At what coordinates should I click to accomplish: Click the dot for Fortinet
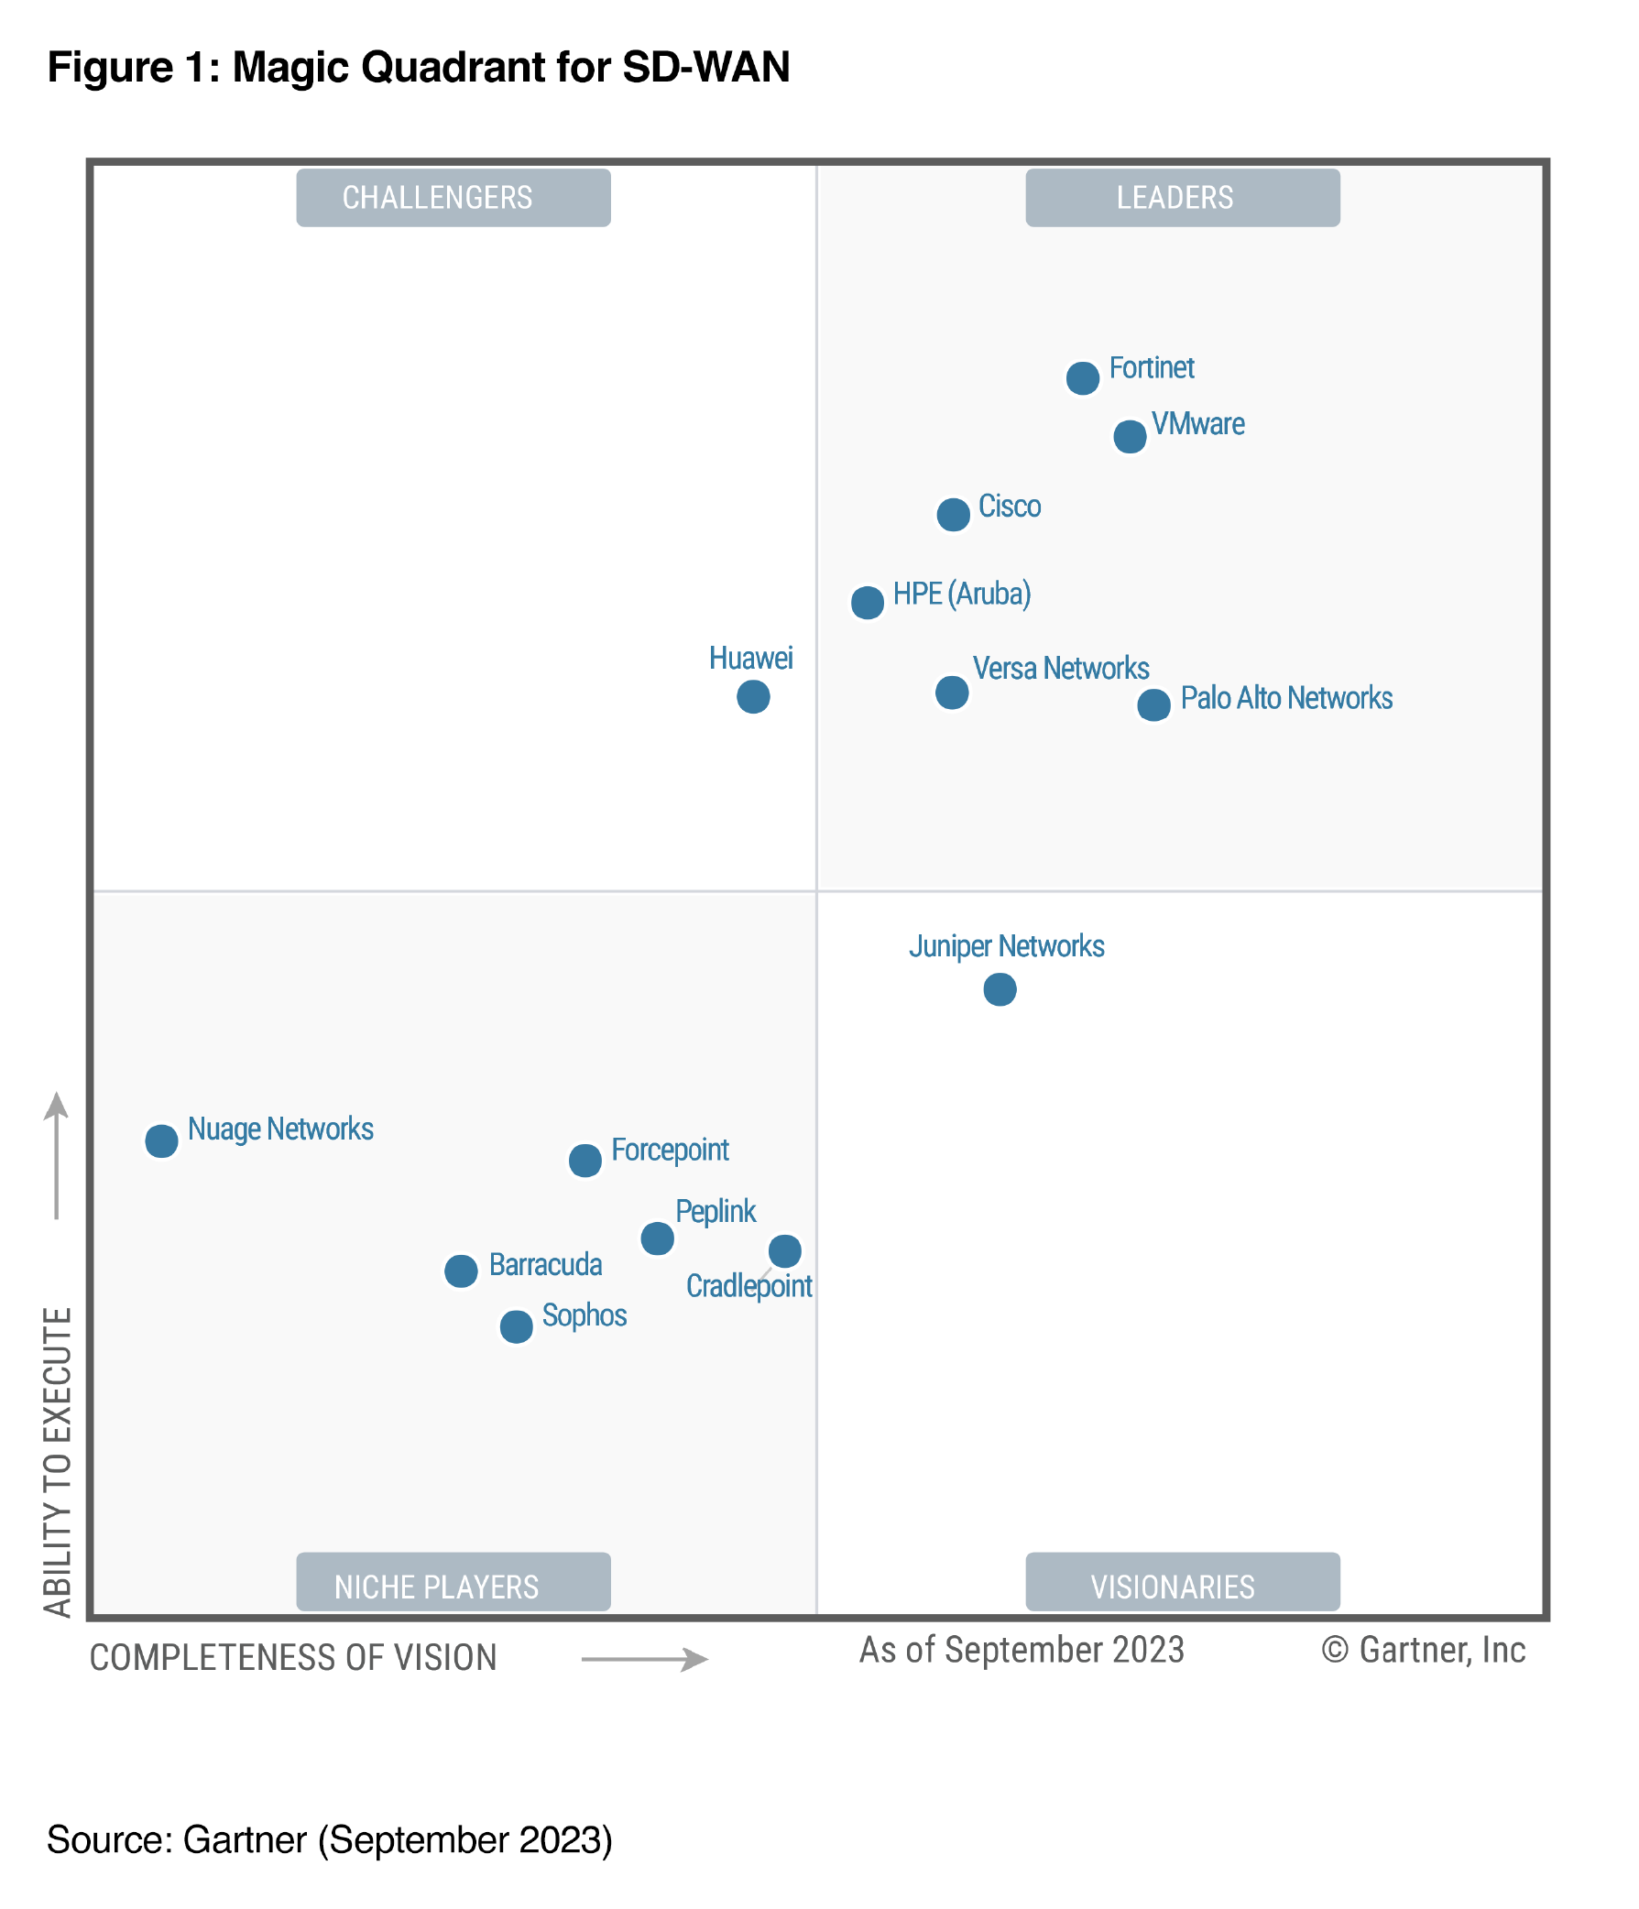tap(1083, 377)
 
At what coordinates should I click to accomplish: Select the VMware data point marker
tap(1130, 437)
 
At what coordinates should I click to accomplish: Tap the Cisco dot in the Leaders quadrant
tap(953, 514)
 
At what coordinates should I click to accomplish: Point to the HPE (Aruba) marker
tap(867, 603)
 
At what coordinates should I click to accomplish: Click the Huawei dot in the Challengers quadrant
tap(753, 696)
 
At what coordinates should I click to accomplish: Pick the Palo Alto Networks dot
tap(1153, 704)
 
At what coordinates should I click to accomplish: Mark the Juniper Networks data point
tap(1000, 989)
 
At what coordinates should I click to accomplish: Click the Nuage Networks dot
tap(161, 1140)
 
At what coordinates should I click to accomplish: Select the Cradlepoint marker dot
tap(784, 1250)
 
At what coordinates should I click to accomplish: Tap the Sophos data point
tap(516, 1326)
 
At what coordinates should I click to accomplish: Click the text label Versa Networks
tap(1060, 669)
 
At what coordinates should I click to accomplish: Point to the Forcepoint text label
tap(670, 1150)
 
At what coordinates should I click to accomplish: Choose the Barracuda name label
tap(545, 1265)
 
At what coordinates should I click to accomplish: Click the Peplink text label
tap(715, 1212)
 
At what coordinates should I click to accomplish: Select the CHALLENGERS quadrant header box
tap(453, 197)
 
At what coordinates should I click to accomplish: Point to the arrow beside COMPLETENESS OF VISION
tap(645, 1659)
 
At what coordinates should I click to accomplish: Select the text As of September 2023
tap(1021, 1650)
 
